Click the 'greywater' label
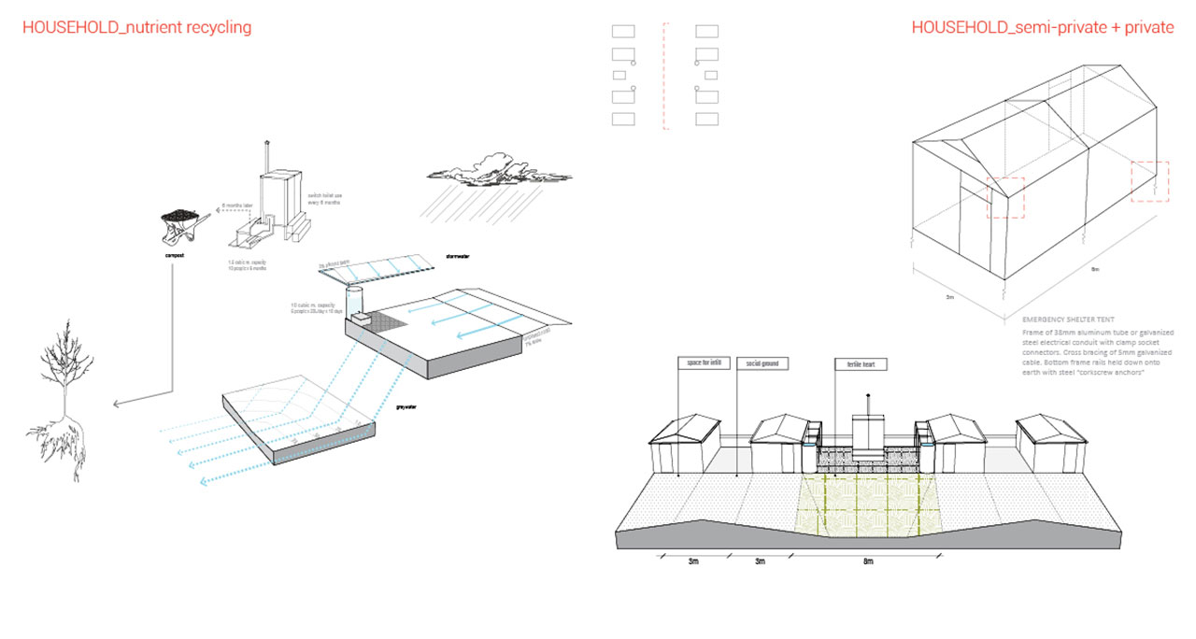point(406,408)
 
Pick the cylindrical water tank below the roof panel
point(354,301)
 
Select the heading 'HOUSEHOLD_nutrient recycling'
point(136,27)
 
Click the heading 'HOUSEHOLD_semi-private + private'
point(1042,27)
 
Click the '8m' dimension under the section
point(868,561)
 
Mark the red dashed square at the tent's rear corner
point(1149,180)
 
